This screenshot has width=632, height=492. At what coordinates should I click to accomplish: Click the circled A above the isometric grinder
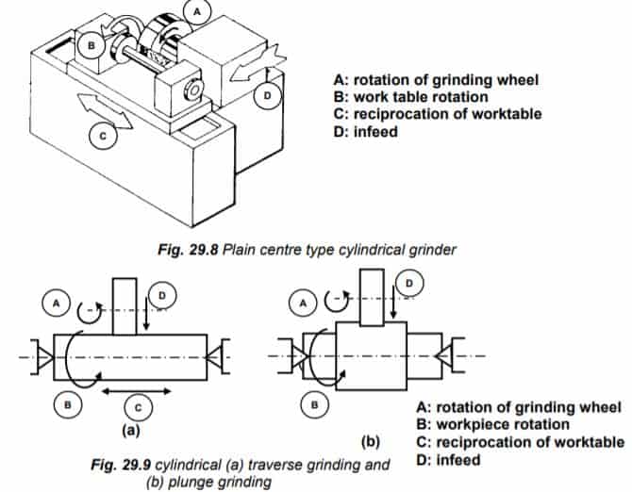click(x=197, y=11)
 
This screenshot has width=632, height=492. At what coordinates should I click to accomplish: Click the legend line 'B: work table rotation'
click(x=420, y=97)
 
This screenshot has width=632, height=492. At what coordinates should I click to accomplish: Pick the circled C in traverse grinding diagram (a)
click(x=137, y=408)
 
